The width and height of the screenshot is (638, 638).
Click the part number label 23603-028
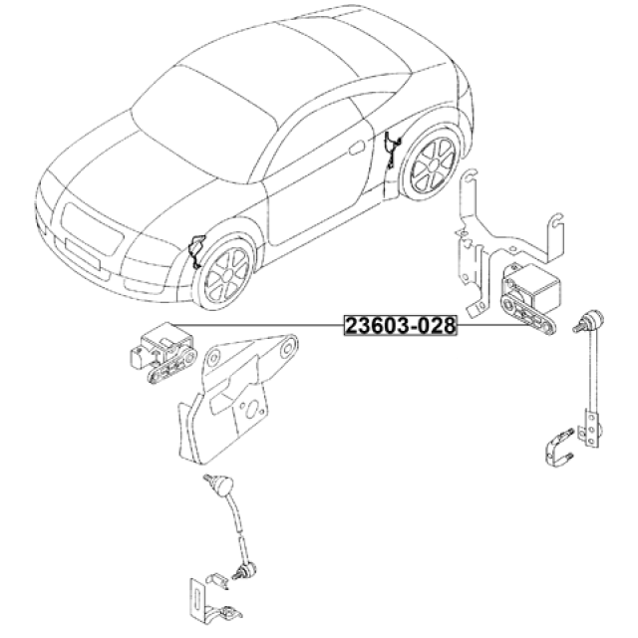401,326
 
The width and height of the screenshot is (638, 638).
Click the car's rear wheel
433,164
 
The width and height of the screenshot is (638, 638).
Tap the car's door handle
357,148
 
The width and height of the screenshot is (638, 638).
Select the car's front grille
92,229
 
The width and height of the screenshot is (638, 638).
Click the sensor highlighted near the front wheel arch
197,251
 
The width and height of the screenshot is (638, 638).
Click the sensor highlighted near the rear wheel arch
392,150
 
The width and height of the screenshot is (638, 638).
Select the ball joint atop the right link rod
589,318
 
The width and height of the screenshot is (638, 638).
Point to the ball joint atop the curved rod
220,485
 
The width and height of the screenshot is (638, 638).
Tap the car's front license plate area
83,253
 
